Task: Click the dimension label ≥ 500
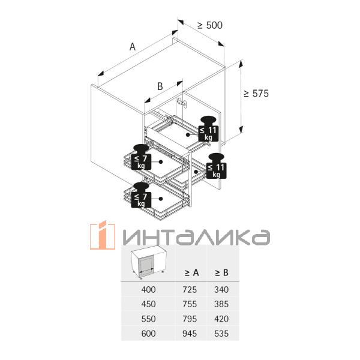(210, 25)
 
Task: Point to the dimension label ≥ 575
(256, 94)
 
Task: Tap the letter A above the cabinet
(133, 46)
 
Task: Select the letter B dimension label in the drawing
(160, 86)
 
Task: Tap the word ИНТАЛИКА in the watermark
(193, 236)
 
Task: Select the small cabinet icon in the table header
(146, 263)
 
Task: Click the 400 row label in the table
(147, 290)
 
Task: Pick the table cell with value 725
(190, 290)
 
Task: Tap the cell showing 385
(221, 304)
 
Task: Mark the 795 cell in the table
(190, 319)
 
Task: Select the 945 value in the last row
(190, 333)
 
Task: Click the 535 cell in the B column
(221, 333)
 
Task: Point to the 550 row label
(147, 319)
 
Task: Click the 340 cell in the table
(221, 290)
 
